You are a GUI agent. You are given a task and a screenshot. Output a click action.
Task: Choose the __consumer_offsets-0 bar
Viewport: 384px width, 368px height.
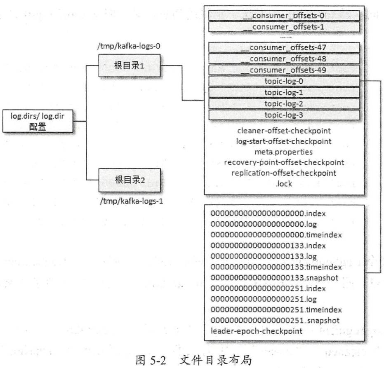pos(285,16)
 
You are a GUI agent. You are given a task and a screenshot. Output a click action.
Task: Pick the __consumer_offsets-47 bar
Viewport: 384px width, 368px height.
pos(285,47)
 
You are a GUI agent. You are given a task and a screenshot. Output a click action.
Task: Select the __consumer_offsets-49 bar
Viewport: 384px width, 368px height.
pos(285,70)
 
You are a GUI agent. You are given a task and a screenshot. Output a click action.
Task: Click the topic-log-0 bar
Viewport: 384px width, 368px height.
pos(285,82)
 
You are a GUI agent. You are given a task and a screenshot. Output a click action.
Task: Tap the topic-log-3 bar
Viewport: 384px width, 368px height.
pos(285,115)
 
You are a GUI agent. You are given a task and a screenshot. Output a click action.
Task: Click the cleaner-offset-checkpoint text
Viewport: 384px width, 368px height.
pos(285,131)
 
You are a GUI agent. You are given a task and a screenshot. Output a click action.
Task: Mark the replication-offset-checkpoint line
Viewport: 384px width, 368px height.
pos(285,172)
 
